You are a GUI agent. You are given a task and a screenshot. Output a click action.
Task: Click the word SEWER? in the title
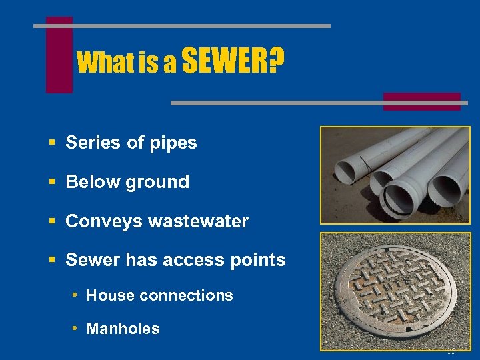click(x=232, y=62)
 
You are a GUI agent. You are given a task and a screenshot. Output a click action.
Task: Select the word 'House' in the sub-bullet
click(x=109, y=295)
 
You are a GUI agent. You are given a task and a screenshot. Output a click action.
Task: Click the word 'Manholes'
click(x=123, y=329)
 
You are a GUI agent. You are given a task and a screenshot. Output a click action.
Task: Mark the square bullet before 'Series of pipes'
click(x=51, y=143)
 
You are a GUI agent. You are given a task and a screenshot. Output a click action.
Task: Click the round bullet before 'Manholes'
click(x=77, y=328)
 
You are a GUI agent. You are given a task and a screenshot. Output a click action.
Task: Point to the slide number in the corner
click(x=451, y=351)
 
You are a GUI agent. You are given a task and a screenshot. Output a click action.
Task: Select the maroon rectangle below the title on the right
click(x=421, y=101)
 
